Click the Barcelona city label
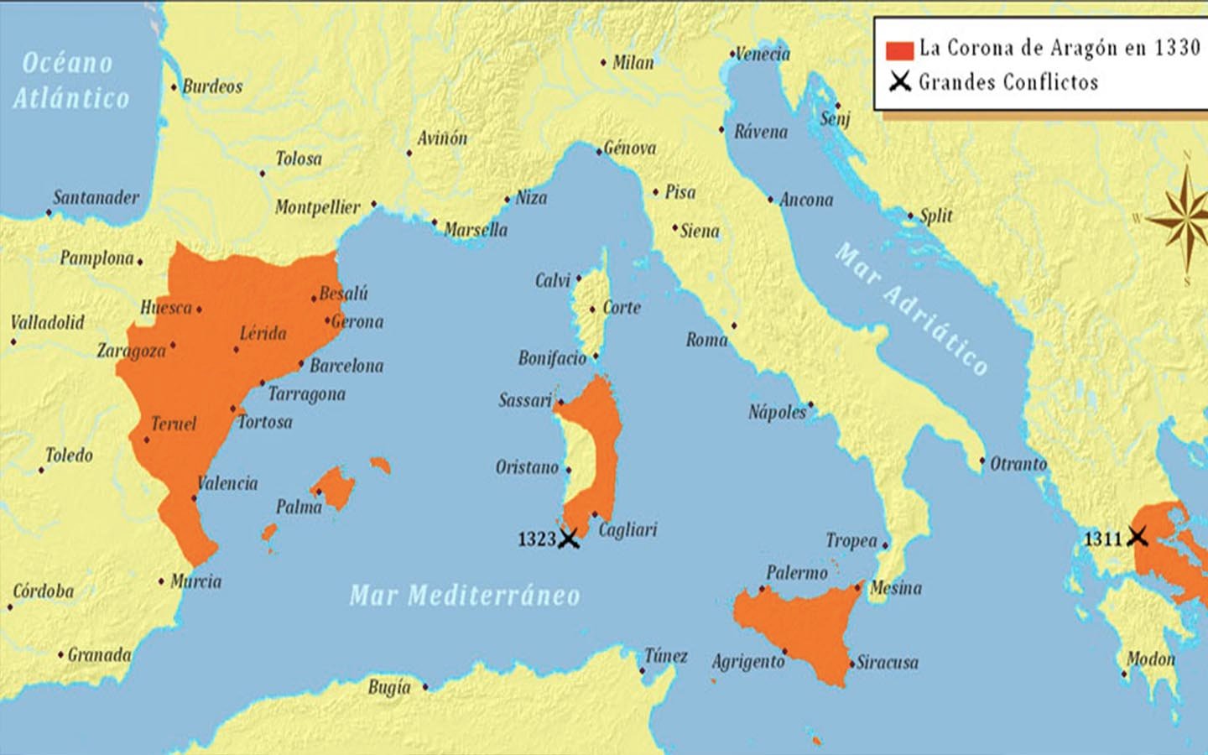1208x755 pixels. pyautogui.click(x=346, y=366)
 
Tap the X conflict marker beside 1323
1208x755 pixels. pyautogui.click(x=569, y=539)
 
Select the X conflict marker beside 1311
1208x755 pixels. pyautogui.click(x=1138, y=536)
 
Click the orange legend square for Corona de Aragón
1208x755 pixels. pyautogui.click(x=899, y=49)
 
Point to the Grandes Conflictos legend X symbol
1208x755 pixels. pyautogui.click(x=900, y=82)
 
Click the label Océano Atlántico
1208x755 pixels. pyautogui.click(x=70, y=81)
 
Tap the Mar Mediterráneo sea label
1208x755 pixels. pyautogui.click(x=465, y=596)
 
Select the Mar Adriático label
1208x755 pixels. pyautogui.click(x=912, y=309)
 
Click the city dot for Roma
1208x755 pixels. pyautogui.click(x=734, y=325)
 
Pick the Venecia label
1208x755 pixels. pyautogui.click(x=763, y=55)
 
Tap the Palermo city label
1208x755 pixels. pyautogui.click(x=796, y=573)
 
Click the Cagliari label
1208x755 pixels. pyautogui.click(x=627, y=529)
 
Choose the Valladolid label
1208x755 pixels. pyautogui.click(x=48, y=322)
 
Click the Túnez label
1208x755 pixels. pyautogui.click(x=666, y=656)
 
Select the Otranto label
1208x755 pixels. pyautogui.click(x=1018, y=464)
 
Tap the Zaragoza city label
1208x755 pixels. pyautogui.click(x=132, y=351)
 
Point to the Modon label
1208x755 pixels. pyautogui.click(x=1151, y=659)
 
